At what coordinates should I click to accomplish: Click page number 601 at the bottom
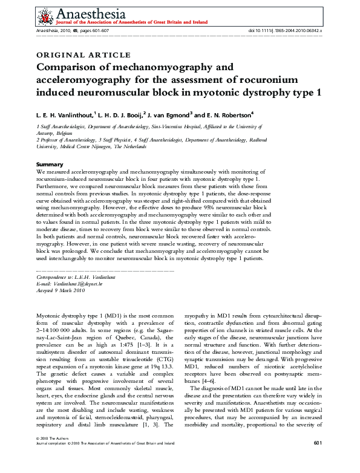click(317, 460)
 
